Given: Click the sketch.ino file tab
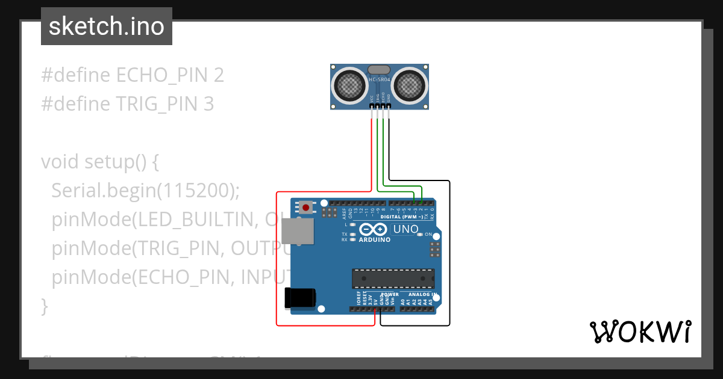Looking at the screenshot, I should (x=107, y=26).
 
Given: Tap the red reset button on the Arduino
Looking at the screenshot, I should (x=306, y=208).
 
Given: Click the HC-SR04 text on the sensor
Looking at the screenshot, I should (x=380, y=79).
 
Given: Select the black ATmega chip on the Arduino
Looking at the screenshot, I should (x=393, y=279).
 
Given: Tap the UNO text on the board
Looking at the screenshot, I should (x=405, y=229).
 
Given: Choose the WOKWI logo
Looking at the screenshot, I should (x=640, y=331).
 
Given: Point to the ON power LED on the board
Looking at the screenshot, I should (x=419, y=234).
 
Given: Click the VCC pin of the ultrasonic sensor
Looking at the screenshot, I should (x=372, y=106).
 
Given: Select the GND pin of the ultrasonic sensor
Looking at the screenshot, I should (x=389, y=106).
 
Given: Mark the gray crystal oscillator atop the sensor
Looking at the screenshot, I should (x=380, y=70).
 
